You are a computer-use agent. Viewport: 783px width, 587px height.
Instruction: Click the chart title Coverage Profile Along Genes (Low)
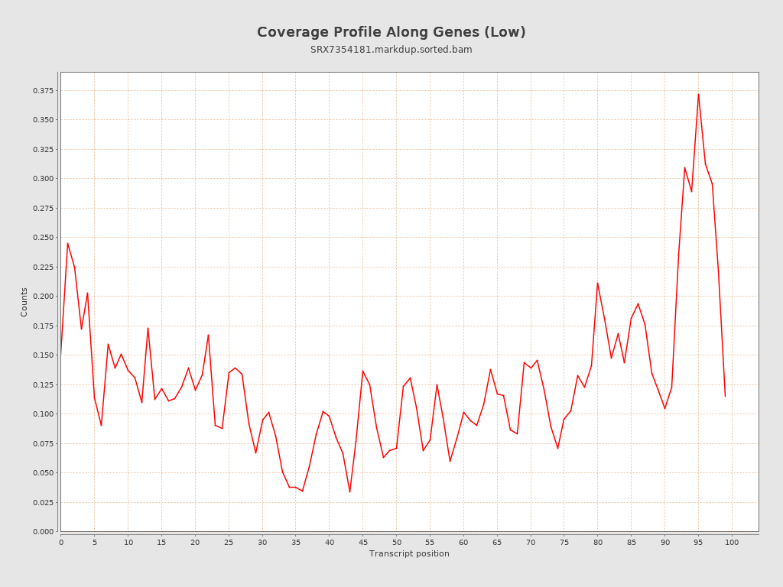click(391, 32)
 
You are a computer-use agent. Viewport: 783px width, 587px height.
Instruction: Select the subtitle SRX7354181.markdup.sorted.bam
click(391, 50)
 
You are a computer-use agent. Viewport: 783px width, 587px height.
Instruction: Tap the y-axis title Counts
click(24, 302)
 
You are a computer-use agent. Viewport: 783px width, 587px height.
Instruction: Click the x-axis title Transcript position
click(409, 554)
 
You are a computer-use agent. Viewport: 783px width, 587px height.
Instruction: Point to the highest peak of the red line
click(698, 94)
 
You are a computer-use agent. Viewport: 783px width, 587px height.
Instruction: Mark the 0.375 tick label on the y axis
click(43, 90)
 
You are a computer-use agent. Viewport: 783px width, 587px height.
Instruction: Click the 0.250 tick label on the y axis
click(43, 238)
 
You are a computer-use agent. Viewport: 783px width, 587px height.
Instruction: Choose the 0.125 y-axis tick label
click(43, 384)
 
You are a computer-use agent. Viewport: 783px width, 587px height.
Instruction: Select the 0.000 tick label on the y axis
click(43, 532)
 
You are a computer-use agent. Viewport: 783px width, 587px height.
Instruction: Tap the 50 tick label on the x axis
click(396, 543)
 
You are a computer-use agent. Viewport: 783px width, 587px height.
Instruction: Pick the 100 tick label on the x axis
click(732, 543)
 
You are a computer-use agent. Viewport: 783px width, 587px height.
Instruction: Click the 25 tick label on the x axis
click(229, 543)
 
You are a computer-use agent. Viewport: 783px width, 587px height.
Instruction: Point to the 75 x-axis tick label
click(564, 543)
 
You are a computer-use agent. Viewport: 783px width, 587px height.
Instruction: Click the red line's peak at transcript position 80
click(597, 283)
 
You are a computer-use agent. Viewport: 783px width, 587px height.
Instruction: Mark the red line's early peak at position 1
click(67, 243)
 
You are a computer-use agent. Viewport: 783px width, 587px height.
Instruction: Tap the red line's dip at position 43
click(349, 491)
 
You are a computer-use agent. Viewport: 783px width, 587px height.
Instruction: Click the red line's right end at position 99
click(725, 396)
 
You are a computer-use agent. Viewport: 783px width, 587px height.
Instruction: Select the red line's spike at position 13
click(148, 328)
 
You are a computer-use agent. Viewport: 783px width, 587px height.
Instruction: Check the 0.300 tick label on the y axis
click(43, 179)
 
